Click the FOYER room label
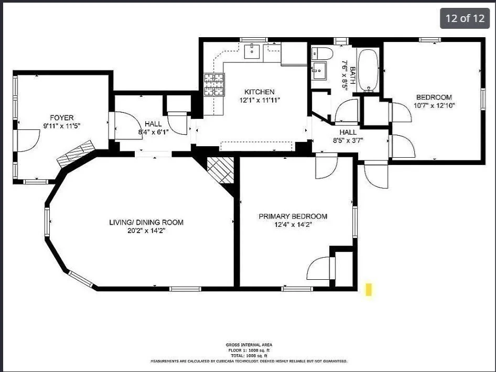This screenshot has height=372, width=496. (x=61, y=117)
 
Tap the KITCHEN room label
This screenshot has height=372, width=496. (x=260, y=92)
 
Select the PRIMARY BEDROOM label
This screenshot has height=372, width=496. (x=293, y=216)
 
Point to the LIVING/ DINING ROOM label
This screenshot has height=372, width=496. (x=146, y=222)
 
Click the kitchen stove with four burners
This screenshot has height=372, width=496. (x=213, y=85)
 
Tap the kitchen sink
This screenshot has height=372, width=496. (x=253, y=51)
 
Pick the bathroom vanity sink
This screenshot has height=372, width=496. (x=319, y=70)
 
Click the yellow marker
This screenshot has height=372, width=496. (x=369, y=289)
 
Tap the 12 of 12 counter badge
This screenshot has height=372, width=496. (x=465, y=18)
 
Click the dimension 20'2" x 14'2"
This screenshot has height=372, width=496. (x=146, y=231)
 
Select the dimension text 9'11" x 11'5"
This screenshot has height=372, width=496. (x=61, y=126)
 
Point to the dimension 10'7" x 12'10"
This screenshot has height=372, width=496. (x=434, y=105)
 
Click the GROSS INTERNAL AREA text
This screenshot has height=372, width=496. (x=249, y=345)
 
